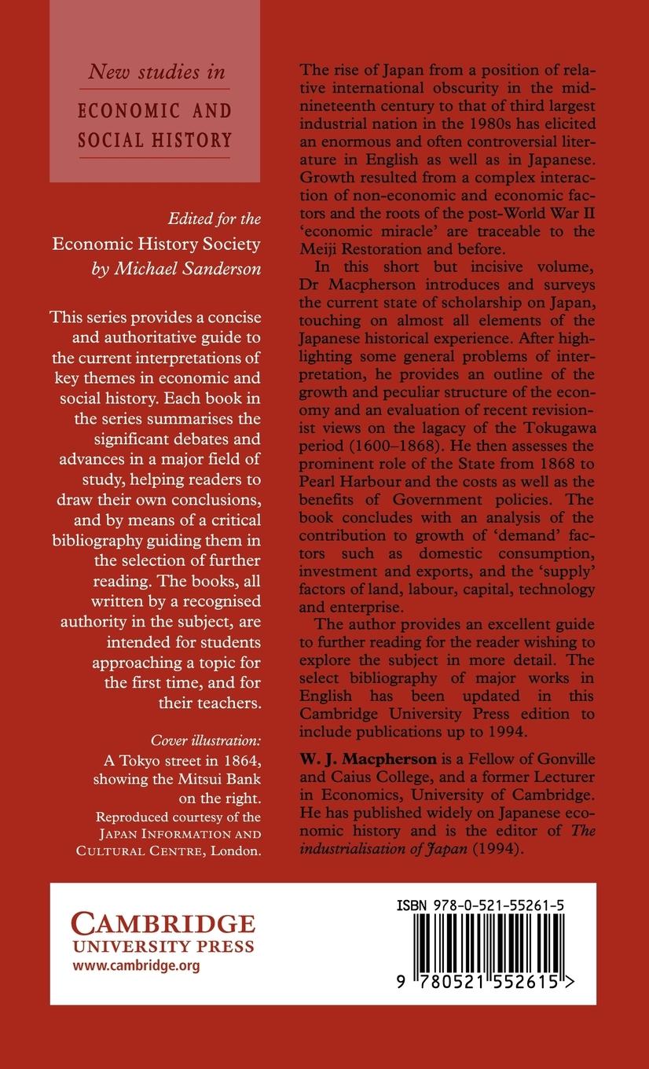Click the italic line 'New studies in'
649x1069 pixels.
(156, 72)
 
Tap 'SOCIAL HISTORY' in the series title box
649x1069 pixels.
(156, 140)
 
